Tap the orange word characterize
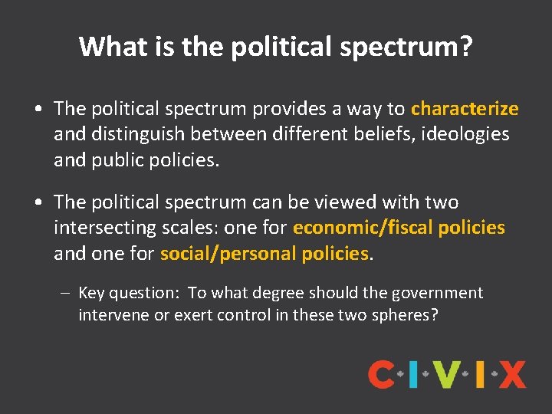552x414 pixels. (x=465, y=109)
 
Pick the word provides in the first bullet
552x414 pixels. (x=287, y=109)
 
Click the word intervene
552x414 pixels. (x=111, y=315)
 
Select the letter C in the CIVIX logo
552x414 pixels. (x=381, y=375)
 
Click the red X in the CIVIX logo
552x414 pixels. (x=512, y=375)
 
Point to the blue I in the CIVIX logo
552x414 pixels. (x=413, y=375)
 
